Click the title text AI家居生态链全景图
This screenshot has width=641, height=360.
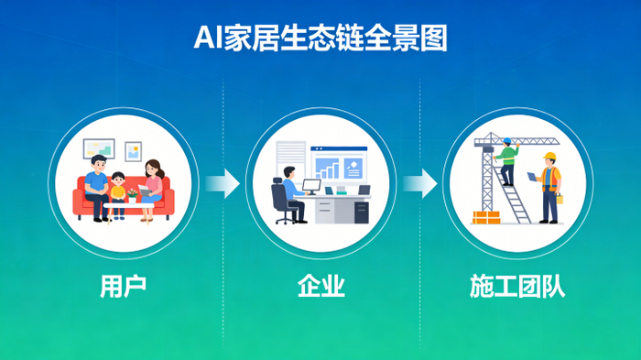tap(320, 38)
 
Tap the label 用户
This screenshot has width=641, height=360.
tap(123, 286)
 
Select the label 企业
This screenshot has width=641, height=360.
tap(320, 286)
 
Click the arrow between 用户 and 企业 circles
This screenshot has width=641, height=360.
tap(223, 183)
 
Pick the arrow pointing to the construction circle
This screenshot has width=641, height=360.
tap(419, 183)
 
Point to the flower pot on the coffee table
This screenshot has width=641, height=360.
tap(134, 196)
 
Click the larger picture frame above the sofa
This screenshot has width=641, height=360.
tap(98, 147)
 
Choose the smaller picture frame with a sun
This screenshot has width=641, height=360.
tap(134, 150)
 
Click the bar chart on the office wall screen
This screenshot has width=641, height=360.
tap(327, 169)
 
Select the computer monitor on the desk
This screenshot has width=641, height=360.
tap(310, 187)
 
